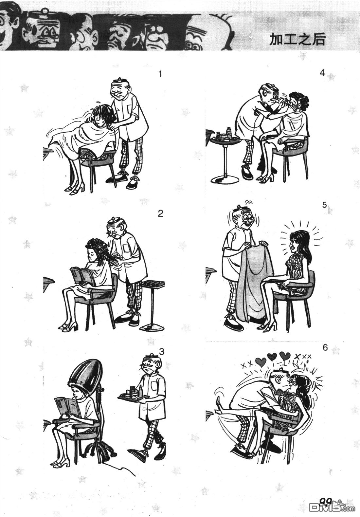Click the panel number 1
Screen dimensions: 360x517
pyautogui.click(x=160, y=75)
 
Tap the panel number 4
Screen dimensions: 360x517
pyautogui.click(x=322, y=73)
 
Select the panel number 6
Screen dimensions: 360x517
pyautogui.click(x=325, y=348)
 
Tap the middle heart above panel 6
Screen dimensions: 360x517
pyautogui.click(x=272, y=357)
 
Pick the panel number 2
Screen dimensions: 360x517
pyautogui.click(x=160, y=213)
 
